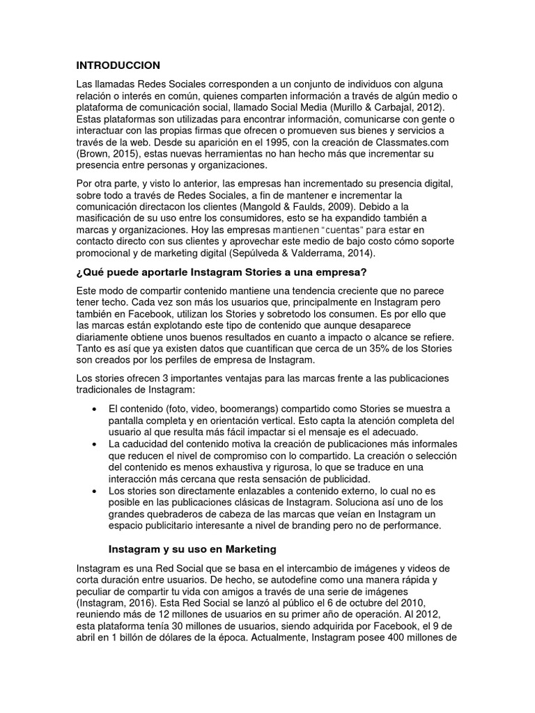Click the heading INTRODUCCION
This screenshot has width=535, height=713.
pyautogui.click(x=118, y=65)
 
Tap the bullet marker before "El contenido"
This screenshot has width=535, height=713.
pyautogui.click(x=94, y=408)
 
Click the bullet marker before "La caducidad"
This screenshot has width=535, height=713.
pyautogui.click(x=94, y=444)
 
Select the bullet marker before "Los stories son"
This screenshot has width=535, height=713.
pyautogui.click(x=94, y=491)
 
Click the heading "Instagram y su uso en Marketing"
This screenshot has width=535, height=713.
pyautogui.click(x=192, y=549)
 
